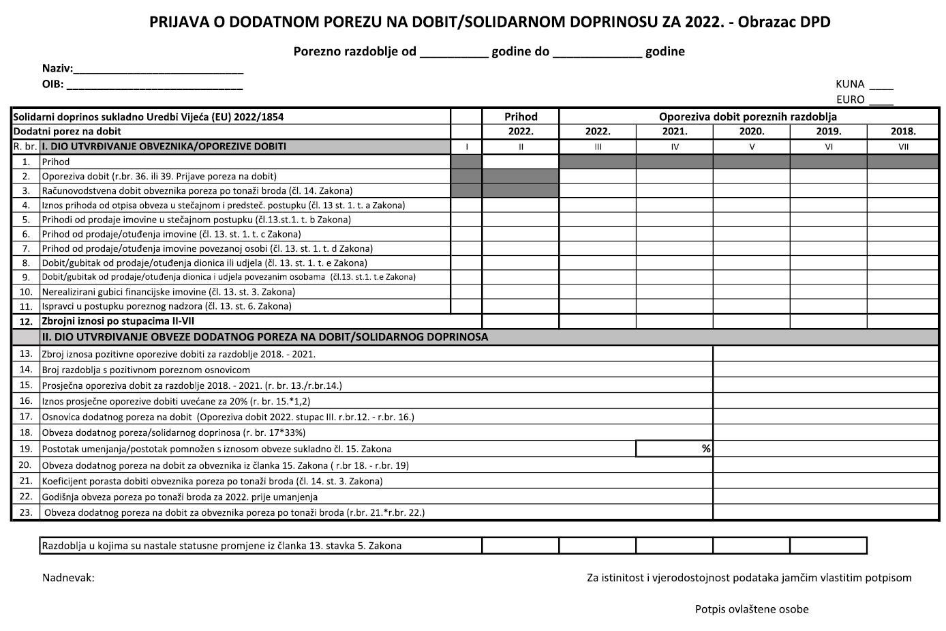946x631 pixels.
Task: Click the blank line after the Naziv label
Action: (x=158, y=70)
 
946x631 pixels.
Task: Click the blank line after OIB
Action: (x=155, y=85)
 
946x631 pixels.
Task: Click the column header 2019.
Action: (x=828, y=132)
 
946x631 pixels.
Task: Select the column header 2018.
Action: (x=903, y=132)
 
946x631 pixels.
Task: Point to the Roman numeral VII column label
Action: (x=903, y=147)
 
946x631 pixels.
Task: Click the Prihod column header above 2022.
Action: (x=521, y=117)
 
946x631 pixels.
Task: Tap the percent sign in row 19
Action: (x=706, y=449)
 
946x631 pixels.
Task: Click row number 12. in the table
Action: (x=26, y=321)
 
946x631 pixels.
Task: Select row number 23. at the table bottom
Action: (x=26, y=512)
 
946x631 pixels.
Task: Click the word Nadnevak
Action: (x=68, y=578)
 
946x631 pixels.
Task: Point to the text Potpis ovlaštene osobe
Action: (x=752, y=609)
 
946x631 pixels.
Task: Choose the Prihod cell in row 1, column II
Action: (x=521, y=162)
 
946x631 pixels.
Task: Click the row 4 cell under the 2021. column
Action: (x=675, y=205)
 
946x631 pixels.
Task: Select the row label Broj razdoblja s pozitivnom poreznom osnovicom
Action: (x=146, y=370)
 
